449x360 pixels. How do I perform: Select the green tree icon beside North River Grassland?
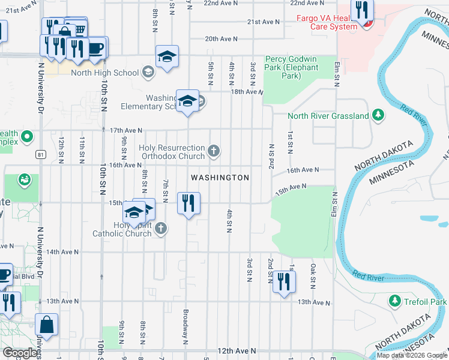coord(378,115)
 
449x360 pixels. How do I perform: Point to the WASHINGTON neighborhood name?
coord(220,178)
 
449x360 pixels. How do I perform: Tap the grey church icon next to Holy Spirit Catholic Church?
coord(160,228)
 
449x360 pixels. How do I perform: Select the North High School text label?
coord(104,73)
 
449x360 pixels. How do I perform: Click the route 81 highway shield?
coord(40,154)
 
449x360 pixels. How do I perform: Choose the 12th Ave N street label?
coord(237,350)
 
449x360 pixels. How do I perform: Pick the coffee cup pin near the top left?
coord(95,47)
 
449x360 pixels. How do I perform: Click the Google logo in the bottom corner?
coord(20,353)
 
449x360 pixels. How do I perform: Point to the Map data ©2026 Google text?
coord(412,355)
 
